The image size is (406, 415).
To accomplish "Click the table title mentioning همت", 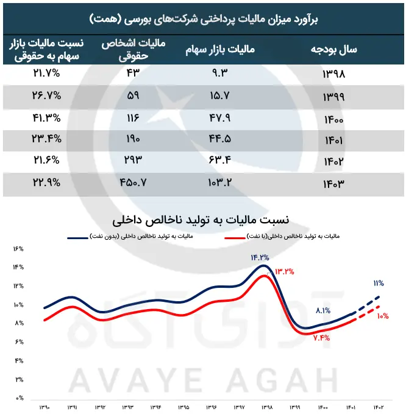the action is [x=204, y=19].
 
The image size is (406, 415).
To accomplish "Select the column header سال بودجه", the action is [x=334, y=49].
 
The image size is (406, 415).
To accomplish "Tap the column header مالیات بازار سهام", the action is [x=220, y=49].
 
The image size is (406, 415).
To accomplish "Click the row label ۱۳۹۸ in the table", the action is [x=334, y=74].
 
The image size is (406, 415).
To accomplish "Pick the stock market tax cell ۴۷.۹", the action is [x=220, y=117].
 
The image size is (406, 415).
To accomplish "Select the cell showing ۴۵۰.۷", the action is [x=133, y=183].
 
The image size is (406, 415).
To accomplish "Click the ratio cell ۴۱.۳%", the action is [x=47, y=117].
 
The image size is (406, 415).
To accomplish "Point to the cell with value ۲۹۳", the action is [x=133, y=159].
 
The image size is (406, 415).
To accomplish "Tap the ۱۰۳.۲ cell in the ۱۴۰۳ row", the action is [x=220, y=183].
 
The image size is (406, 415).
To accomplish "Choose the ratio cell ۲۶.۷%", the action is [x=47, y=96].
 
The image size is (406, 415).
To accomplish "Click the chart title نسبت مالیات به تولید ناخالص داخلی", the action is [x=201, y=220].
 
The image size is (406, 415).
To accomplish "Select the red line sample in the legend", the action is [x=235, y=238].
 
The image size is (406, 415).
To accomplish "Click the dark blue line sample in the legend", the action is [x=77, y=238].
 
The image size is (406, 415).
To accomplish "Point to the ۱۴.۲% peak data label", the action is [x=260, y=257].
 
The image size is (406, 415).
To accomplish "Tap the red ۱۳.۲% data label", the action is [x=285, y=271].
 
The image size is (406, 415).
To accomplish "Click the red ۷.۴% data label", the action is [x=322, y=338].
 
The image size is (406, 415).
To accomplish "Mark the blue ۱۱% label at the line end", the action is [x=379, y=284].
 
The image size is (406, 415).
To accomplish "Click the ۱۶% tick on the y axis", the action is [x=18, y=249].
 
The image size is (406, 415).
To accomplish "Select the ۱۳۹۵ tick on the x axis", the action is [x=183, y=407].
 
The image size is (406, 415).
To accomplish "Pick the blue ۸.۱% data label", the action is [x=323, y=310].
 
